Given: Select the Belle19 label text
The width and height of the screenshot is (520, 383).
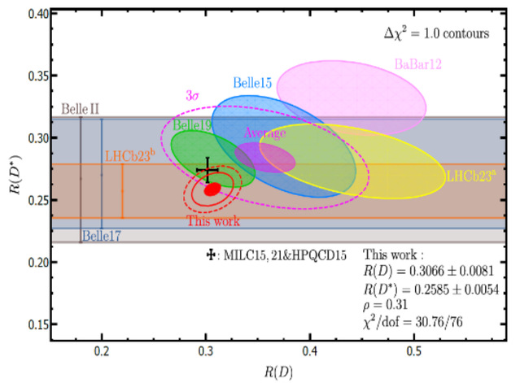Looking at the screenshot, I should click(x=193, y=125).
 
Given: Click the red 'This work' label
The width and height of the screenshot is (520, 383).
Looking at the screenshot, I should click(x=212, y=220).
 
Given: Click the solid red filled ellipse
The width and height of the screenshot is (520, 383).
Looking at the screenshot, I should click(x=212, y=189).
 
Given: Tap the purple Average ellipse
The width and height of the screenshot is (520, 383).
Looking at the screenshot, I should click(x=265, y=157).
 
